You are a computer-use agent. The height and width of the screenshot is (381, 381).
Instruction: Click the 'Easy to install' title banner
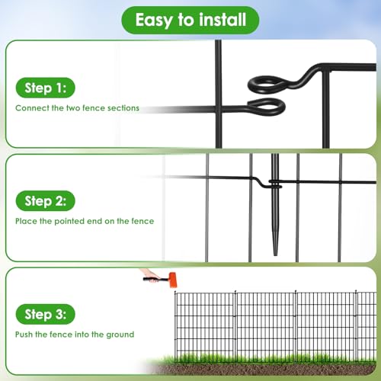point(190,20)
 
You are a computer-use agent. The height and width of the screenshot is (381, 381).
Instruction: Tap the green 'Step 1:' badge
point(46,88)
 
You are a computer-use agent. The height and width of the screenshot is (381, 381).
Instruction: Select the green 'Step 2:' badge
point(46,201)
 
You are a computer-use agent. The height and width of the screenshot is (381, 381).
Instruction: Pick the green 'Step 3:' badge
point(46,314)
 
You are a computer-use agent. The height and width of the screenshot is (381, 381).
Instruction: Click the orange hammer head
point(172,280)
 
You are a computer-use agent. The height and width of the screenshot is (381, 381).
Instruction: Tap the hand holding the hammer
point(149,275)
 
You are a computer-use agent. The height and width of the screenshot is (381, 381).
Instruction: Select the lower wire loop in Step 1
point(267,107)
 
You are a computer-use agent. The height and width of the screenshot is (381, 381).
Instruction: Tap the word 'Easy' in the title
point(155,21)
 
